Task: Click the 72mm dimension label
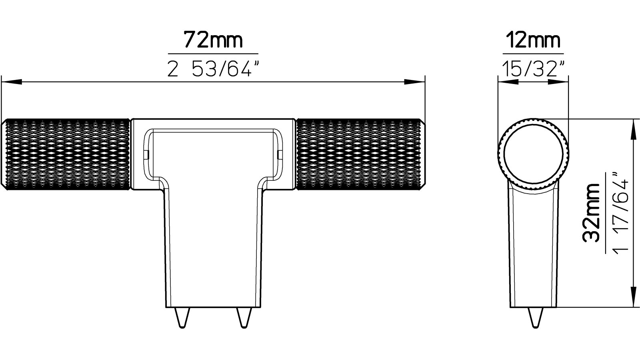click(x=213, y=40)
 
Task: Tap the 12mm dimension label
click(x=533, y=40)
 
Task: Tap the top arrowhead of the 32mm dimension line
click(x=633, y=130)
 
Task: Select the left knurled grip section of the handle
click(x=66, y=154)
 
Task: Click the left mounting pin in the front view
click(x=182, y=318)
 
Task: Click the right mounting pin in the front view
click(x=243, y=318)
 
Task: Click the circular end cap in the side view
click(x=533, y=154)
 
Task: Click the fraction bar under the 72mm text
click(x=213, y=54)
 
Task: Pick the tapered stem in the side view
click(x=533, y=252)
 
